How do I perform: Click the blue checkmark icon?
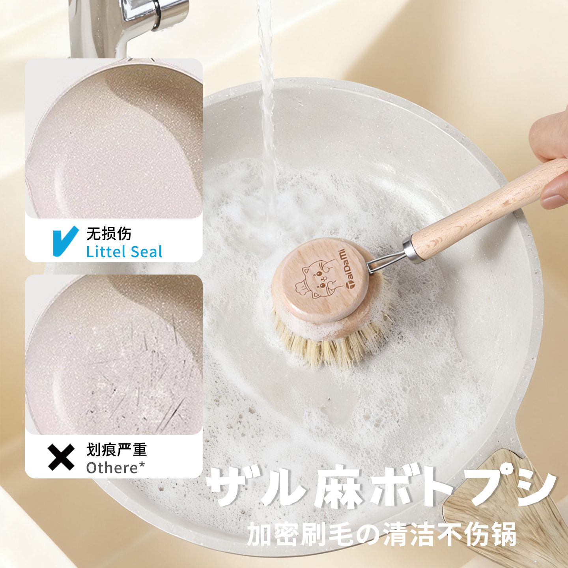coord(65,241)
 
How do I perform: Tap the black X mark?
coord(61,457)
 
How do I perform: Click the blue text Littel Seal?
coord(124,252)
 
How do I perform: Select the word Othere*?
coord(116,468)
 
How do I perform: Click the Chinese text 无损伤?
coord(109,234)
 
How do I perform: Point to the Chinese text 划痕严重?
coord(116,450)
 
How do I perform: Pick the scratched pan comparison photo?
coord(114,354)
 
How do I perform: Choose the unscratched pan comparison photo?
coord(114,138)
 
